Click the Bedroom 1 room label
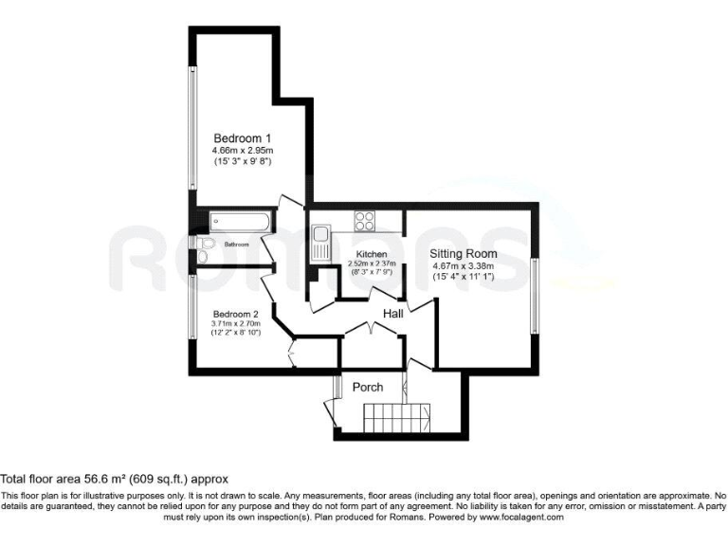[x=242, y=137]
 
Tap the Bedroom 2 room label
[x=236, y=314]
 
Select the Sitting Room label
[x=464, y=254]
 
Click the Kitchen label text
[x=371, y=255]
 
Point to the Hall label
[x=395, y=313]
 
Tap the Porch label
[x=368, y=387]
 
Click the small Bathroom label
[x=236, y=245]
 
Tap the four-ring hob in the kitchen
[x=365, y=221]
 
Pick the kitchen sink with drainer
[x=321, y=243]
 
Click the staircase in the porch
[x=398, y=416]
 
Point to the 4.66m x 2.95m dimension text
[x=242, y=150]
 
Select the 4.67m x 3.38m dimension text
[x=464, y=266]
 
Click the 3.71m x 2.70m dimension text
[x=236, y=324]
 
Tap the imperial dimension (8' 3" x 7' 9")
[x=371, y=273]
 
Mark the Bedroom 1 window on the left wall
[x=192, y=133]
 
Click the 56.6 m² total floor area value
[x=116, y=480]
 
